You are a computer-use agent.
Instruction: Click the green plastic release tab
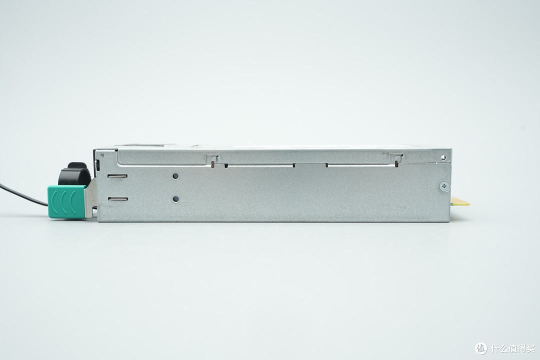coord(66,201)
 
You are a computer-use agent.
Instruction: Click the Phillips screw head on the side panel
coord(444,186)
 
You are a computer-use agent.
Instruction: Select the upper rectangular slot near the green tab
coord(117,176)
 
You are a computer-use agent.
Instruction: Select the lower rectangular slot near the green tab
coord(117,199)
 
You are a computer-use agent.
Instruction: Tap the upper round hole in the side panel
coord(175,176)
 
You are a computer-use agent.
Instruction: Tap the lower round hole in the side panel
coord(176,199)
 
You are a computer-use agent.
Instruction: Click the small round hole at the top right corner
coord(443,158)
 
